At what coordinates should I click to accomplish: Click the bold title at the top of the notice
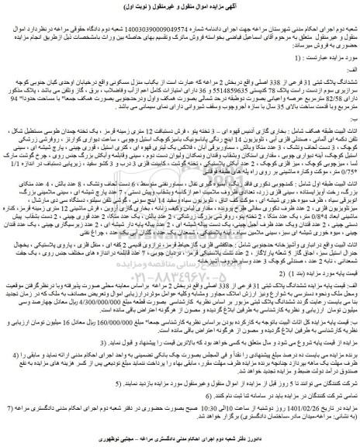click(x=180, y=9)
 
